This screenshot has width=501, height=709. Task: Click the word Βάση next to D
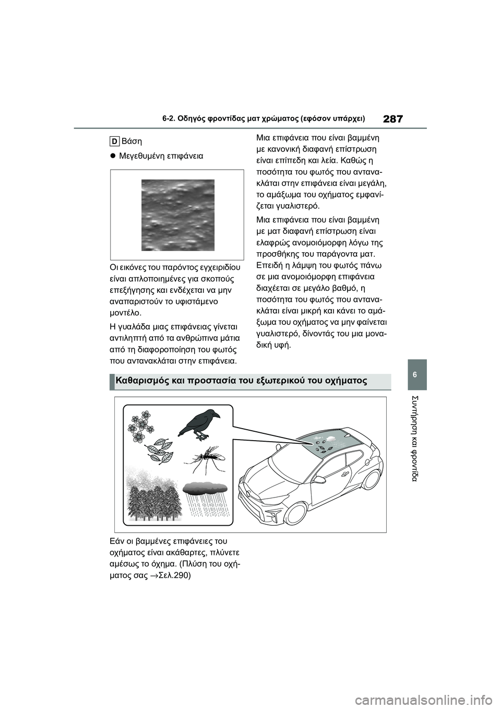pos(132,141)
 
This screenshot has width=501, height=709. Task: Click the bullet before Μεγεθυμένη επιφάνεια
pos(113,156)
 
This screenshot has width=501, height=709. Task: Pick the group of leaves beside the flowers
pos(161,451)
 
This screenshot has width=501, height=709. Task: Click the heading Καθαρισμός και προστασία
pos(240,381)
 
